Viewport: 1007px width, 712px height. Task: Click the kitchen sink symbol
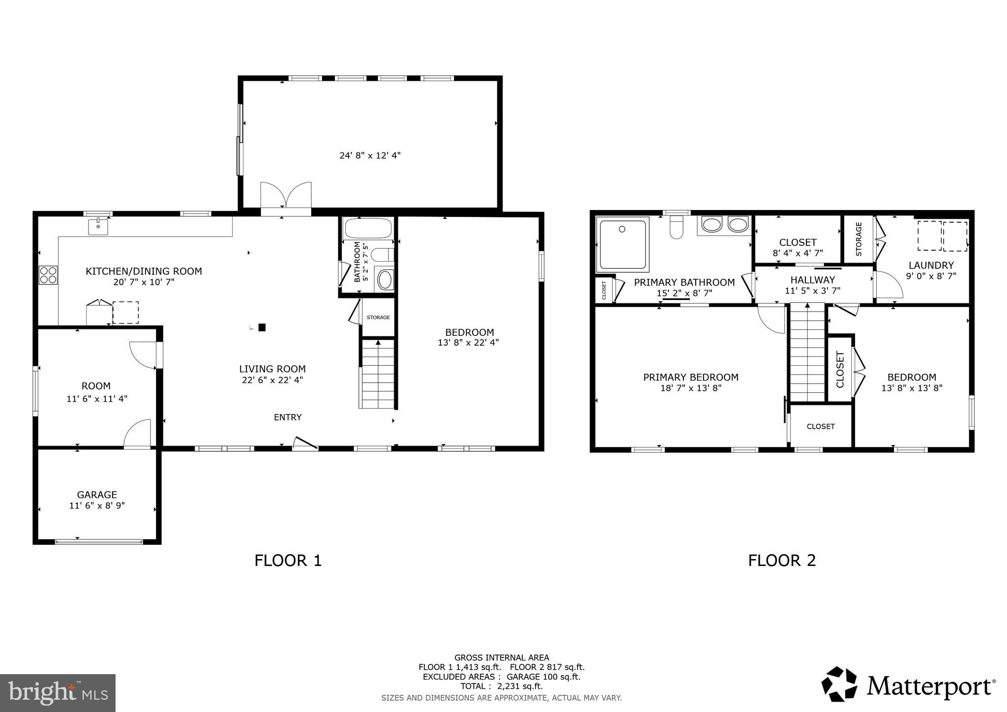pos(98,227)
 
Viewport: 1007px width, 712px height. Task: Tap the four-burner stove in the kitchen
pos(48,275)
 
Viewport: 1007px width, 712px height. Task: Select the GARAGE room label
pos(97,495)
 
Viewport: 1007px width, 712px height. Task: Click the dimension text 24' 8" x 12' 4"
pos(370,155)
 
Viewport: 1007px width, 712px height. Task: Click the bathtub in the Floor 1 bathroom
pos(368,229)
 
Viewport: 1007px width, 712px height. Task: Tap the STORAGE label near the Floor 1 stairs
pos(378,318)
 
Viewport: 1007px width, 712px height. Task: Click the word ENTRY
pos(288,417)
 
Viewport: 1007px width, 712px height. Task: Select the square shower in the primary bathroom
pos(622,244)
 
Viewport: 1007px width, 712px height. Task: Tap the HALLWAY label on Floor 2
pos(812,280)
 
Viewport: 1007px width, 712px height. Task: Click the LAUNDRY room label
pos(931,265)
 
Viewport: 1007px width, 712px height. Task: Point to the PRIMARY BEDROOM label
pos(690,377)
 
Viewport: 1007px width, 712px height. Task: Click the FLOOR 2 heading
pos(782,560)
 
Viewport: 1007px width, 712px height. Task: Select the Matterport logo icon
pos(839,684)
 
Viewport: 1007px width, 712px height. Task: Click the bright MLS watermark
pos(58,693)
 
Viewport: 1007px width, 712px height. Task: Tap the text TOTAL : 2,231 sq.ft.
pos(501,686)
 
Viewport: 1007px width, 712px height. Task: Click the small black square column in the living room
pos(262,327)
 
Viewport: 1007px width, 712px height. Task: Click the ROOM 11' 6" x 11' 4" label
pos(97,392)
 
